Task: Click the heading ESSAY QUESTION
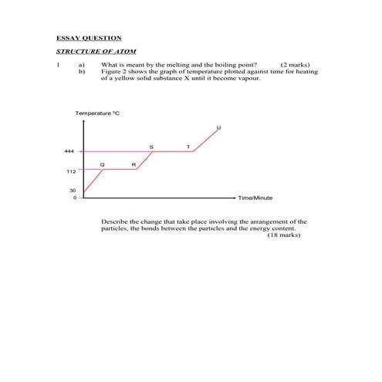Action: pos(90,37)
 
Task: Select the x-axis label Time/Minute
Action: pos(255,198)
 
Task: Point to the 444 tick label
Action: pos(69,151)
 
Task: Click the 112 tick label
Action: pos(69,172)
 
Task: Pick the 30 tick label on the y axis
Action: pos(72,190)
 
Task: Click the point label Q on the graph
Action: pos(102,164)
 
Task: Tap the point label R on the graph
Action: pos(134,164)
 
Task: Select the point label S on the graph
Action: pos(150,146)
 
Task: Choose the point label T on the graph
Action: pos(188,146)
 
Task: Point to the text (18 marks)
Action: pos(284,235)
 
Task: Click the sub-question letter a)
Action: pos(81,66)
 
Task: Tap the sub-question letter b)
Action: pos(81,72)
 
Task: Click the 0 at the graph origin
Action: pos(75,198)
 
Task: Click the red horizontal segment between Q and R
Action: pos(120,169)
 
